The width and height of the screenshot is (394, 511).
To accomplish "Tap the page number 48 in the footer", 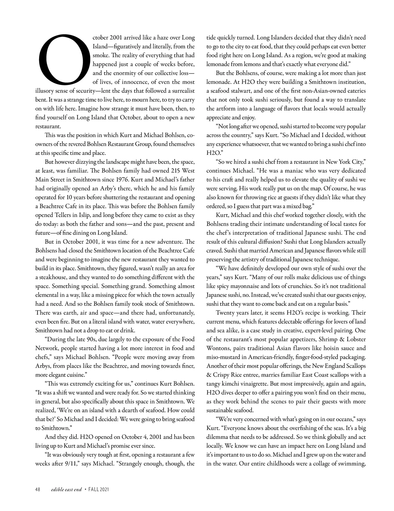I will [38, 489].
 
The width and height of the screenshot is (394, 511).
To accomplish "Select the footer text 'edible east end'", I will [66, 489].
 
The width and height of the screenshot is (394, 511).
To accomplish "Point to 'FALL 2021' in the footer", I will [99, 489].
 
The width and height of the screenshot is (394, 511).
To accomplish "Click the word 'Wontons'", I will [218, 348].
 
